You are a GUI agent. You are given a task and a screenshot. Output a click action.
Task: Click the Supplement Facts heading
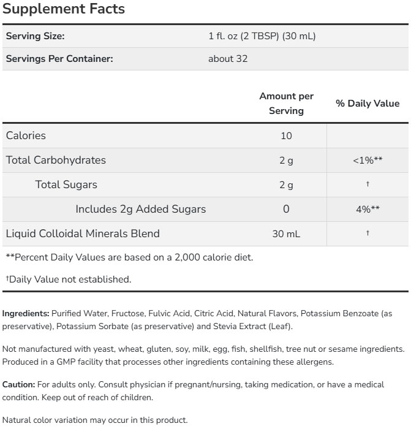(64, 9)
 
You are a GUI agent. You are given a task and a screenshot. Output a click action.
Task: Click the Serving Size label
(35, 36)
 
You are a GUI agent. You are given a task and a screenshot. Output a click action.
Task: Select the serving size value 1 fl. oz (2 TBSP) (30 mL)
(262, 36)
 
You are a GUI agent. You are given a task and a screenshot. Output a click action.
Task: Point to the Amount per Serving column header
(286, 104)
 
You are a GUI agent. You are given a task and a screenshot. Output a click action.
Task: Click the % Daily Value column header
(368, 104)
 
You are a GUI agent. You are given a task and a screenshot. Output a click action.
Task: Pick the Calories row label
(26, 135)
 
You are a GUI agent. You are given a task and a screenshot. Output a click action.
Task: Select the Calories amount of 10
(286, 136)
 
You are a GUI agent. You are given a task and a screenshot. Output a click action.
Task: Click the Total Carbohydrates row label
(56, 160)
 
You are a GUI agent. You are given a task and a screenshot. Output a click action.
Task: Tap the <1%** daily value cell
(368, 161)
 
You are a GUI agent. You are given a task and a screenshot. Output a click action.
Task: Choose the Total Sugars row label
(66, 184)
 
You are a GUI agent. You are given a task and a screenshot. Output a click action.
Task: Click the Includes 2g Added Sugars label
(140, 209)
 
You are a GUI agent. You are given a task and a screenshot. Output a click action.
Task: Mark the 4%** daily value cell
(368, 210)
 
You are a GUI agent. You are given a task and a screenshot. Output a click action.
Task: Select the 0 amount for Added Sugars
(286, 210)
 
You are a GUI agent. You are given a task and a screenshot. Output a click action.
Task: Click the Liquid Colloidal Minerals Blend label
(83, 233)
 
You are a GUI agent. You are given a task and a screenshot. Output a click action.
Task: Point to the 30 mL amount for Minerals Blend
(286, 234)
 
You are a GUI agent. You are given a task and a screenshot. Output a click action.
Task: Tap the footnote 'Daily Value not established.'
(69, 279)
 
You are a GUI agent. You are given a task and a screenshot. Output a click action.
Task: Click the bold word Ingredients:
(26, 313)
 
